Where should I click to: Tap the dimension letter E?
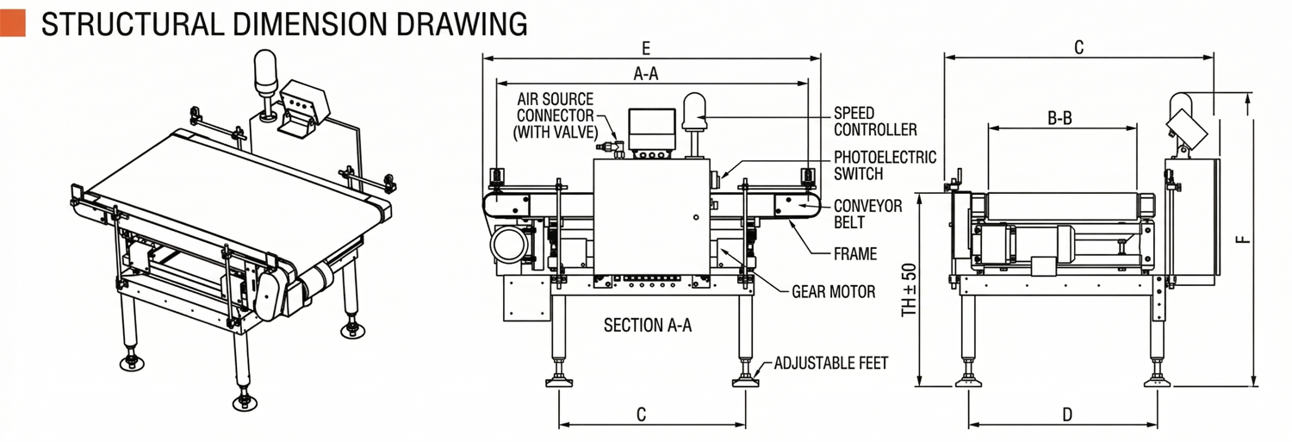point(646,47)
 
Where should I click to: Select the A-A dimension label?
point(646,74)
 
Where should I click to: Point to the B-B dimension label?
point(1059,118)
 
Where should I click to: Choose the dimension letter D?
point(1067,414)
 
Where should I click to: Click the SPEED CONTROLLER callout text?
point(875,121)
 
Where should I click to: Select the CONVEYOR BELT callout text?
point(867,215)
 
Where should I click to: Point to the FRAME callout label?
point(855,253)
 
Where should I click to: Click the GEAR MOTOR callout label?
point(833,292)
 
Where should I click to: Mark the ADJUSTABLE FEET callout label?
point(830,363)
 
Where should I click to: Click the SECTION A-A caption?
point(648,325)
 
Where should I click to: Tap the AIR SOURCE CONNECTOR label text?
point(555,115)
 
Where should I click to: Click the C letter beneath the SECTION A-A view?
point(641,414)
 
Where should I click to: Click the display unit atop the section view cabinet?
point(651,129)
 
